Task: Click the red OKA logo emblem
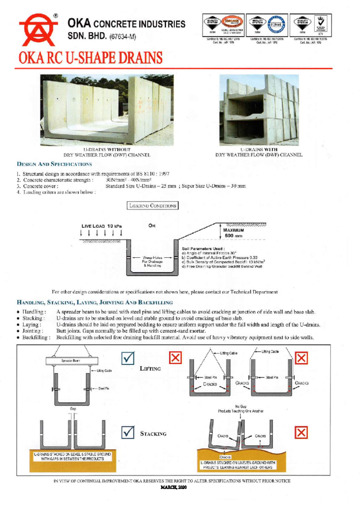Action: pyautogui.click(x=38, y=29)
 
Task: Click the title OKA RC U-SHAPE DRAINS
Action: pyautogui.click(x=90, y=58)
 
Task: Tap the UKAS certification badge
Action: pyautogui.click(x=321, y=24)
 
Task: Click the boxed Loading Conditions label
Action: pyautogui.click(x=153, y=206)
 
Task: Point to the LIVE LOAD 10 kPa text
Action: pyautogui.click(x=101, y=226)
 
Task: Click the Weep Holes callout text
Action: pyautogui.click(x=152, y=261)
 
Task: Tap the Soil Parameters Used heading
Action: pyautogui.click(x=203, y=249)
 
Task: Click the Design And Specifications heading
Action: pyautogui.click(x=54, y=164)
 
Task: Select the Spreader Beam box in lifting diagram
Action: pyautogui.click(x=72, y=361)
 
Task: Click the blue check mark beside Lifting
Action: pyautogui.click(x=128, y=358)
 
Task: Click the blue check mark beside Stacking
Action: pyautogui.click(x=128, y=432)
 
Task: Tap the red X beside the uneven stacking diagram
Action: pyautogui.click(x=301, y=433)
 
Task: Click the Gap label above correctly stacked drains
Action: pyautogui.click(x=73, y=409)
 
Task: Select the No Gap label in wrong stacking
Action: pyautogui.click(x=241, y=406)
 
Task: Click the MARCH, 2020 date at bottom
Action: pyautogui.click(x=174, y=487)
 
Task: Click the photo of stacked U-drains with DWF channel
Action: pyautogui.click(x=259, y=110)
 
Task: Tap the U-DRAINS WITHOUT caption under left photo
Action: pyautogui.click(x=107, y=149)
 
